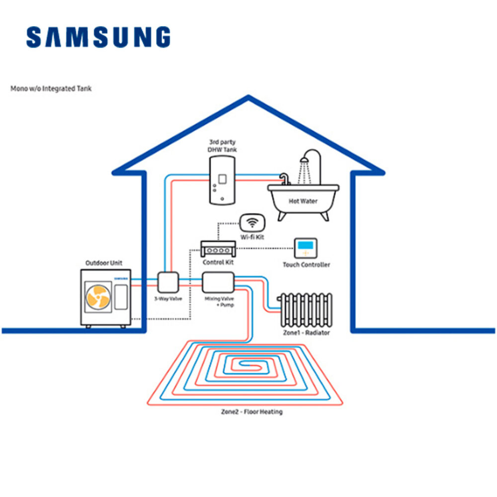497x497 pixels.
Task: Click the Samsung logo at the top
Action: coord(98,38)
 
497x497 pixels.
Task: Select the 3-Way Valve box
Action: coord(168,283)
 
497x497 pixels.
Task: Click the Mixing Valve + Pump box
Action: coord(217,283)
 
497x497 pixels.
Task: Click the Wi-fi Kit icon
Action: coord(252,222)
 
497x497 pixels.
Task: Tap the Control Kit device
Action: coord(217,248)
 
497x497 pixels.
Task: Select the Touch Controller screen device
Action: coord(305,248)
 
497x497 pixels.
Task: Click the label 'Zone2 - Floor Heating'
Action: coord(251,412)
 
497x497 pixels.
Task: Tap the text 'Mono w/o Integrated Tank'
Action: coord(51,89)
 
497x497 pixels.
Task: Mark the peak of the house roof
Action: coord(248,98)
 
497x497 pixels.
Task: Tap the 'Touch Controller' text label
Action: coord(306,265)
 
